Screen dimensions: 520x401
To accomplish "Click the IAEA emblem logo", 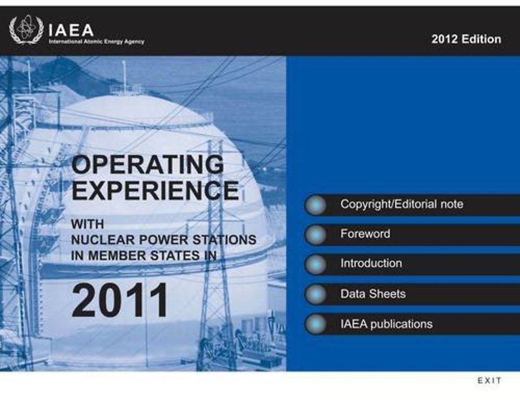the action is tap(26, 30).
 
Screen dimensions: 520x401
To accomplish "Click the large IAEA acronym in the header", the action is tap(71, 30).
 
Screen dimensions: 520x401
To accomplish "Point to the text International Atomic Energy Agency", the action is tap(97, 42).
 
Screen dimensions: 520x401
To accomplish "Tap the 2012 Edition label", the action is tap(466, 39).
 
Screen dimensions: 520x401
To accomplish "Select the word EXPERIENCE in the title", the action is tap(155, 190).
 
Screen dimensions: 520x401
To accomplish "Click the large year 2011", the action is tap(120, 300).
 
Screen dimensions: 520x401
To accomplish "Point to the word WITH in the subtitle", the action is tap(88, 224).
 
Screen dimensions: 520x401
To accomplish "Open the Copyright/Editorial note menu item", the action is tap(402, 204).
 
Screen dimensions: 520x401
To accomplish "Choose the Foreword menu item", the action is tap(365, 234).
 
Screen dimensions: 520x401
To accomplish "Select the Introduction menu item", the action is tap(371, 263).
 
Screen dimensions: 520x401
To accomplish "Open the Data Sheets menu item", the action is tap(373, 294).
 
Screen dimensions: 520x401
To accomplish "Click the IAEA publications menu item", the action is tap(387, 324).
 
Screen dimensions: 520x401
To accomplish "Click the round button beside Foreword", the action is tap(315, 234).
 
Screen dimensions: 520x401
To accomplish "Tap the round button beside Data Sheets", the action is tap(315, 294).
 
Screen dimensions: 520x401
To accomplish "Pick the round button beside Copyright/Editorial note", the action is tap(315, 205).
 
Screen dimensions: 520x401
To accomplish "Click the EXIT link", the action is tap(489, 381).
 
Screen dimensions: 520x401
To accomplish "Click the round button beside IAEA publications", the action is tap(315, 324).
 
